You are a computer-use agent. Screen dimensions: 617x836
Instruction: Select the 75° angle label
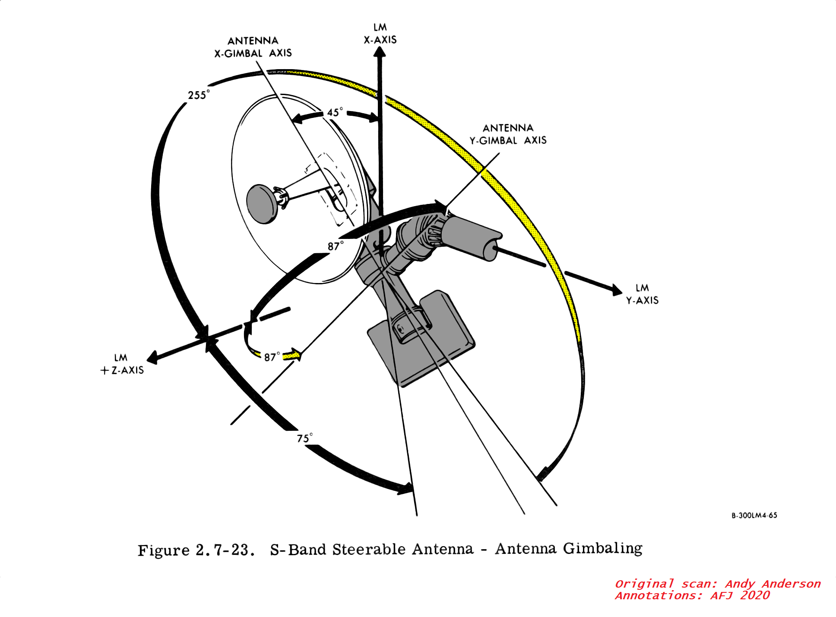[x=304, y=438]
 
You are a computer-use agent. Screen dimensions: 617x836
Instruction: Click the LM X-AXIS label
[x=380, y=34]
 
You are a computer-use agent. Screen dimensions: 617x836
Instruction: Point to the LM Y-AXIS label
[x=642, y=294]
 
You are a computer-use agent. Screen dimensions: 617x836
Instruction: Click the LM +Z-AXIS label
[x=122, y=364]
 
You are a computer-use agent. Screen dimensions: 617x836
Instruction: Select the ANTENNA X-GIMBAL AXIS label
[x=253, y=47]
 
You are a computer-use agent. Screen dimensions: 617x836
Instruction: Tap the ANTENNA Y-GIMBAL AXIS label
[x=508, y=134]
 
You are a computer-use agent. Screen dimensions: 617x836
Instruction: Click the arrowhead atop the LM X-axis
[x=380, y=52]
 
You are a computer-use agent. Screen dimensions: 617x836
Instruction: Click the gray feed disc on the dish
[x=262, y=204]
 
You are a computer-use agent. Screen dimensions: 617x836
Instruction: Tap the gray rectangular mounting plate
[x=421, y=341]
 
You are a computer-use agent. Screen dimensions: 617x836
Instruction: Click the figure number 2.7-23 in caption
[x=223, y=550]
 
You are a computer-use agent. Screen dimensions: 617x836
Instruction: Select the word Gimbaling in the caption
[x=603, y=549]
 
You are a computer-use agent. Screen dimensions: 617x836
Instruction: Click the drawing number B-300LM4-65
[x=754, y=515]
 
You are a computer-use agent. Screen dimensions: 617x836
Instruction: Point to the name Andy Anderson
[x=773, y=584]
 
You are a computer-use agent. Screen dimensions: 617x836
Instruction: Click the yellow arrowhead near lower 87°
[x=295, y=355]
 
